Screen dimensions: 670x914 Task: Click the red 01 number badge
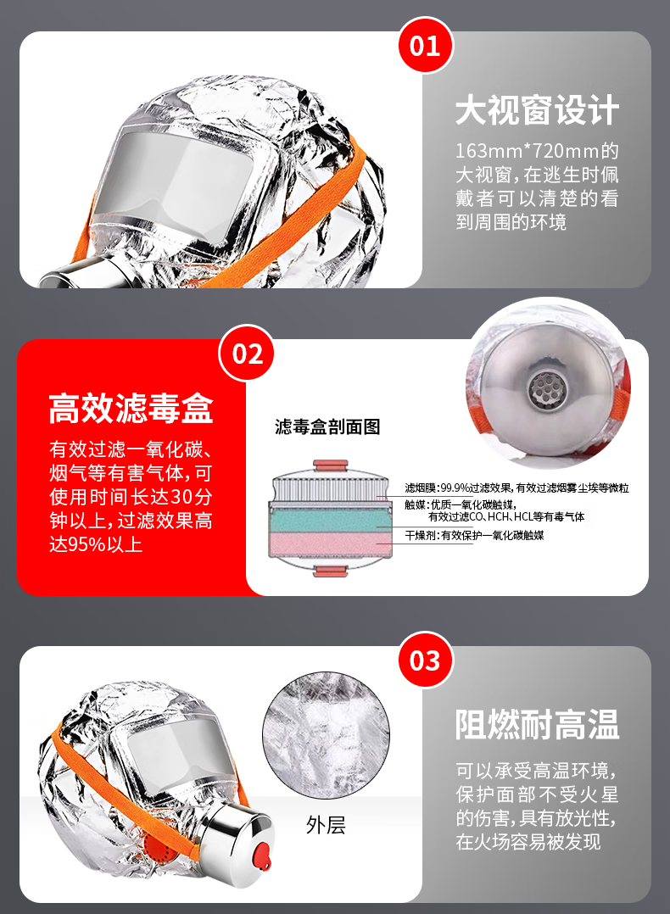pos(425,46)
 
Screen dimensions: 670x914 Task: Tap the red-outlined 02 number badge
pos(246,354)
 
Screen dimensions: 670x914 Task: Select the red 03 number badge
pos(425,660)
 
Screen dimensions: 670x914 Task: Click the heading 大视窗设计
pos(537,110)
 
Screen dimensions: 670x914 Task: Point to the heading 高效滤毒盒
pos(131,408)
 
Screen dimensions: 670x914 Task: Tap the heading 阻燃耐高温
pos(537,725)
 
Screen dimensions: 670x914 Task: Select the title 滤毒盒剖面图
pos(327,426)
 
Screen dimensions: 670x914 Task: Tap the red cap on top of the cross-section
pos(331,465)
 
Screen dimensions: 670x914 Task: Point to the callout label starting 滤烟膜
pos(516,488)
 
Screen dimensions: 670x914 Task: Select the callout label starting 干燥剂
pos(474,535)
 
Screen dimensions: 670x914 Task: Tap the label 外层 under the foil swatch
pos(326,825)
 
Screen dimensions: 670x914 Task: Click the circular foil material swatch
pos(326,735)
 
